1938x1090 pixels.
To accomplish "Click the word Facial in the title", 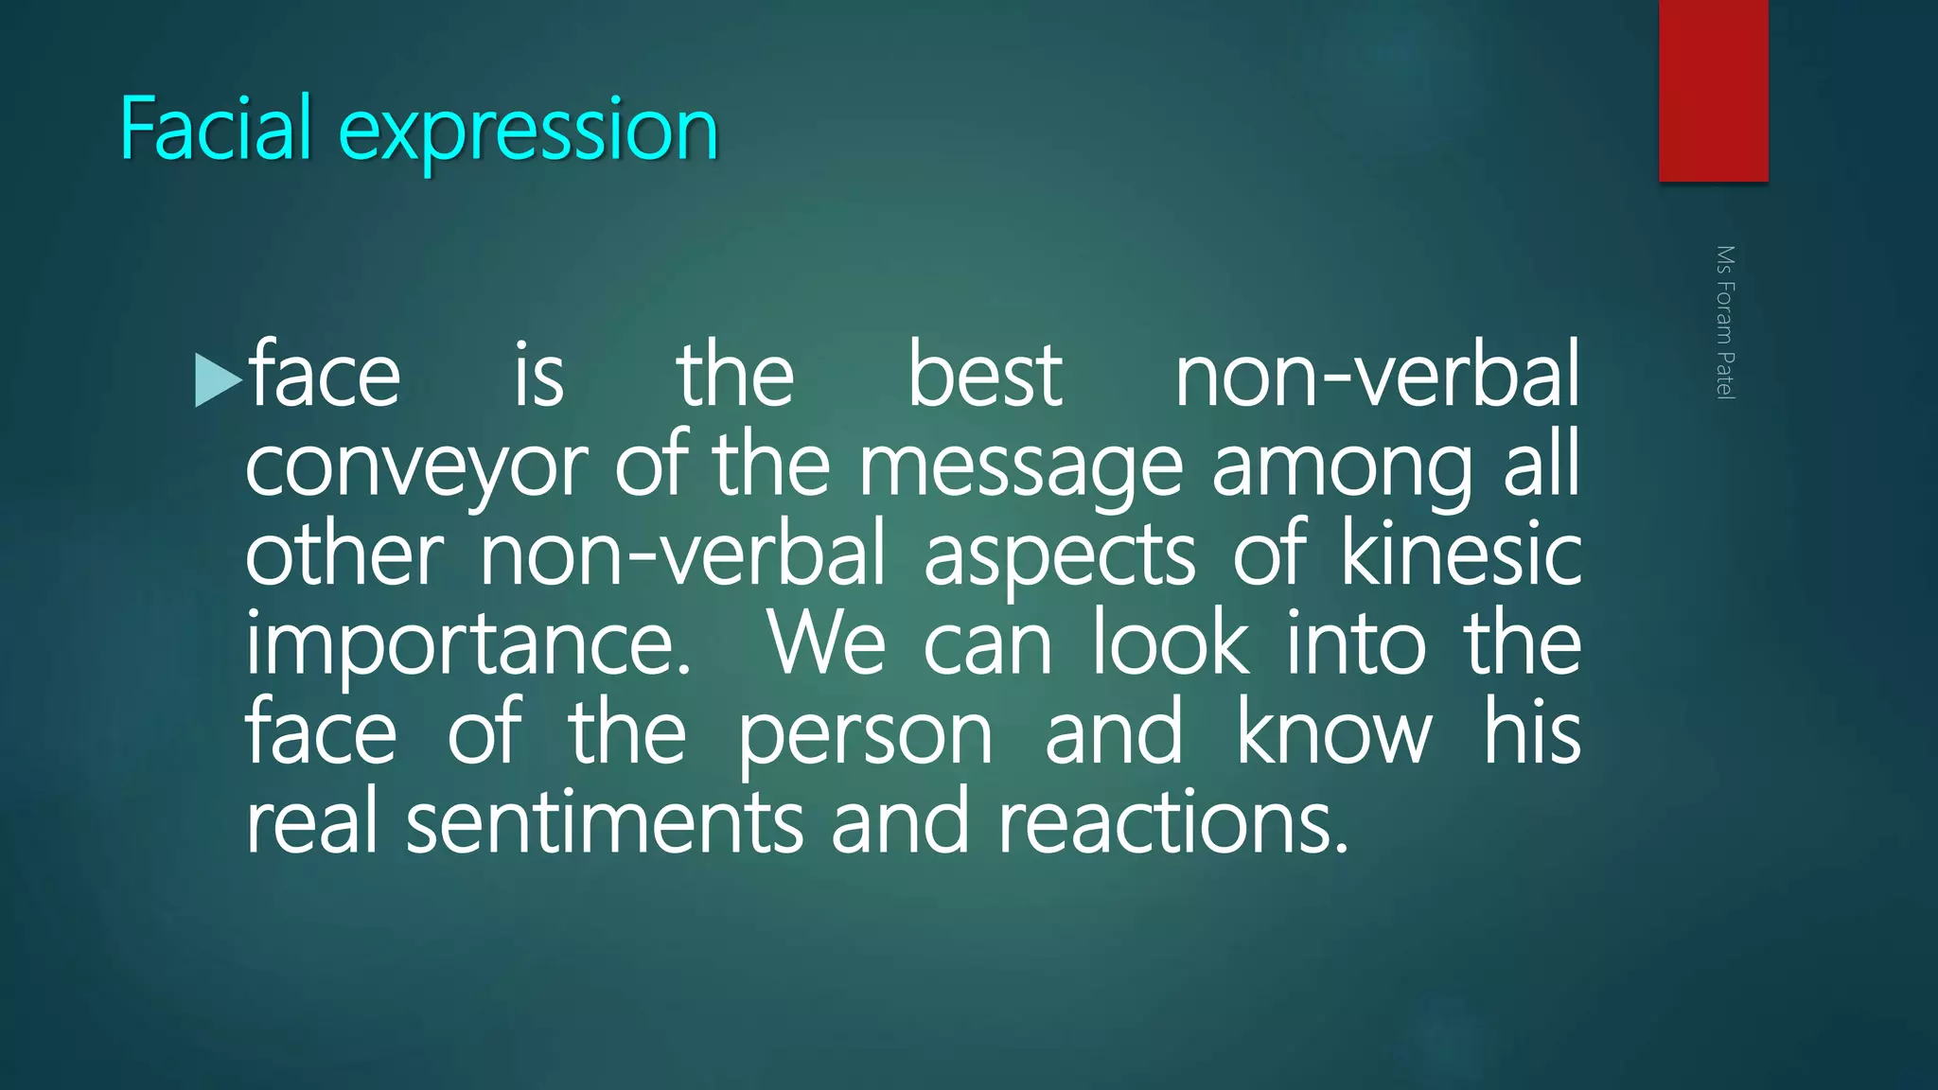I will point(215,129).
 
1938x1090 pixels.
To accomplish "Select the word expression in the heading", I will point(528,132).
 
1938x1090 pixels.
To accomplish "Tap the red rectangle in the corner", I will point(1713,90).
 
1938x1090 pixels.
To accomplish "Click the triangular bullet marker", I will point(217,379).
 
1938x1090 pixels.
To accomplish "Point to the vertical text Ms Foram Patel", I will point(1725,323).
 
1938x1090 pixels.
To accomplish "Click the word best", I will point(985,377).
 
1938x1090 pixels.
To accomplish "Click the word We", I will point(826,643).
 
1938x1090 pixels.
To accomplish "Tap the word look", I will point(1171,643).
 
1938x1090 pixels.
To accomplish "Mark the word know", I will point(1334,732).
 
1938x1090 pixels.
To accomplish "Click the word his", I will point(1532,732).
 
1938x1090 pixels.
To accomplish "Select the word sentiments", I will point(605,822).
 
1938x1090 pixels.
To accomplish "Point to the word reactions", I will point(1172,822).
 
